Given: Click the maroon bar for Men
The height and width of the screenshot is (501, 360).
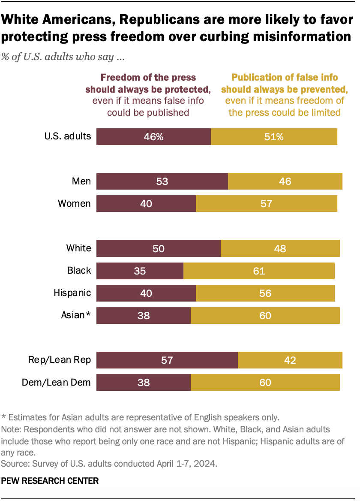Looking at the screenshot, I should (x=162, y=181).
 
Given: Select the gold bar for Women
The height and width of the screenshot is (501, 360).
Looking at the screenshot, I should (x=266, y=203).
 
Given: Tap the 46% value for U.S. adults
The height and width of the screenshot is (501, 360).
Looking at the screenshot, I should (x=153, y=136).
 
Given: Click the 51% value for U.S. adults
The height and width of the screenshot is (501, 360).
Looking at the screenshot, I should (x=274, y=136).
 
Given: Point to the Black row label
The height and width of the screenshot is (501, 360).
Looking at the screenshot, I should (x=79, y=270).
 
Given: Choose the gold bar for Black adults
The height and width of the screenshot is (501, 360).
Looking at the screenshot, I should (x=259, y=271).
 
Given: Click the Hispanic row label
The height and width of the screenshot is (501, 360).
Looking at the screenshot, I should (x=72, y=293).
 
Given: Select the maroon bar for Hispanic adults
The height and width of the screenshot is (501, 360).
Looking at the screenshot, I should (x=146, y=293).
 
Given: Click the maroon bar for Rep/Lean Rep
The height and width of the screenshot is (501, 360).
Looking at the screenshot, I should (x=167, y=360).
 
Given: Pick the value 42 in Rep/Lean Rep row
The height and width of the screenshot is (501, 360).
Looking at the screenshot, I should (x=290, y=360).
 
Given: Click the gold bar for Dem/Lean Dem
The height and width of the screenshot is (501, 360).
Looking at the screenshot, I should (x=265, y=382).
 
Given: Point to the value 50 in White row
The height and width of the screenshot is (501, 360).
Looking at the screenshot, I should (x=158, y=248).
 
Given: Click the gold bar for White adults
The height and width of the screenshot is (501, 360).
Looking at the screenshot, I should (x=280, y=248).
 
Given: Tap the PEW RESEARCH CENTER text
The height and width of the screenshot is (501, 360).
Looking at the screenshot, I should (x=50, y=481).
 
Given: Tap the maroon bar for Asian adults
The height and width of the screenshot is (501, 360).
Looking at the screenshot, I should (x=143, y=315).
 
